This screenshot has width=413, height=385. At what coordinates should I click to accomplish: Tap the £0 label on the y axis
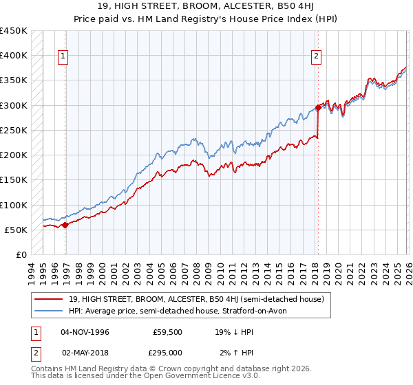pos(21,255)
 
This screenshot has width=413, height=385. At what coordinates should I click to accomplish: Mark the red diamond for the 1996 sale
pos(65,225)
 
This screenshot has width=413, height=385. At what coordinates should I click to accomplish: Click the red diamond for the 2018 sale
pos(319,107)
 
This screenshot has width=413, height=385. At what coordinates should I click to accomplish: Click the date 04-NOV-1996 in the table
pos(85,332)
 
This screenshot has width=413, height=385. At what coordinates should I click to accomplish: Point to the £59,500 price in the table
pos(168,332)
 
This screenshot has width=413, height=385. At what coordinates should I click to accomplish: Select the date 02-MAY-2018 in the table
pos(85,352)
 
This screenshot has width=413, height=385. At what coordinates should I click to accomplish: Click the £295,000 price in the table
pos(168,352)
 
